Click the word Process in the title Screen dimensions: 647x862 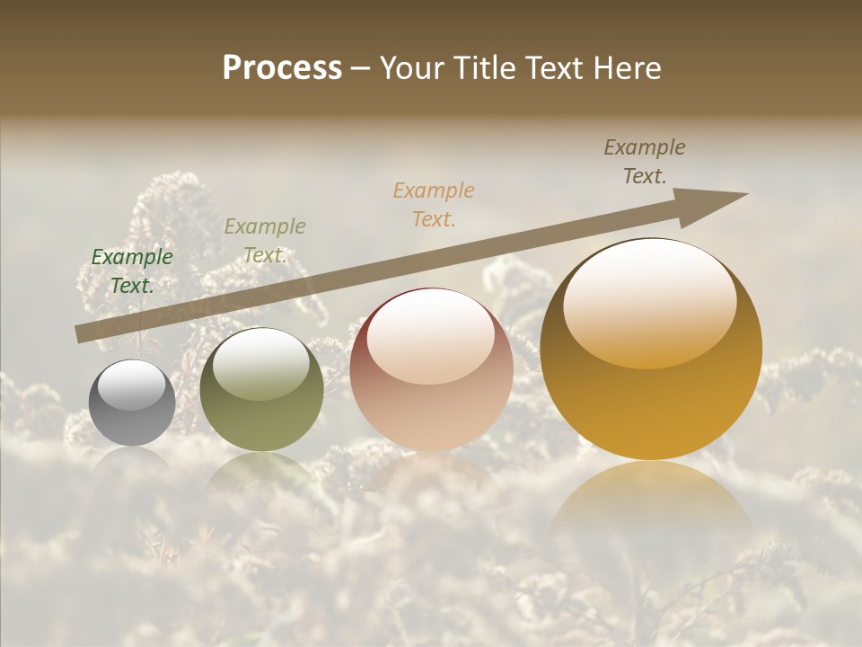[282, 68]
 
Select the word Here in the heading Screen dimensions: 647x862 [627, 68]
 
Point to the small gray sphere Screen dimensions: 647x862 [132, 403]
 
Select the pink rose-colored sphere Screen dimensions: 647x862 [431, 370]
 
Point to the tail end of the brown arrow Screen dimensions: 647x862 [79, 334]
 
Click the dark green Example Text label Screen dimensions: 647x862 [132, 270]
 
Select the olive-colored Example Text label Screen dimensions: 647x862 [265, 240]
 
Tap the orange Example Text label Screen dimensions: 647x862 [434, 204]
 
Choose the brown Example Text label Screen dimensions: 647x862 [645, 162]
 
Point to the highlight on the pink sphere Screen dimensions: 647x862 [430, 338]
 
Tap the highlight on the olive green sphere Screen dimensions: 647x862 [261, 362]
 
